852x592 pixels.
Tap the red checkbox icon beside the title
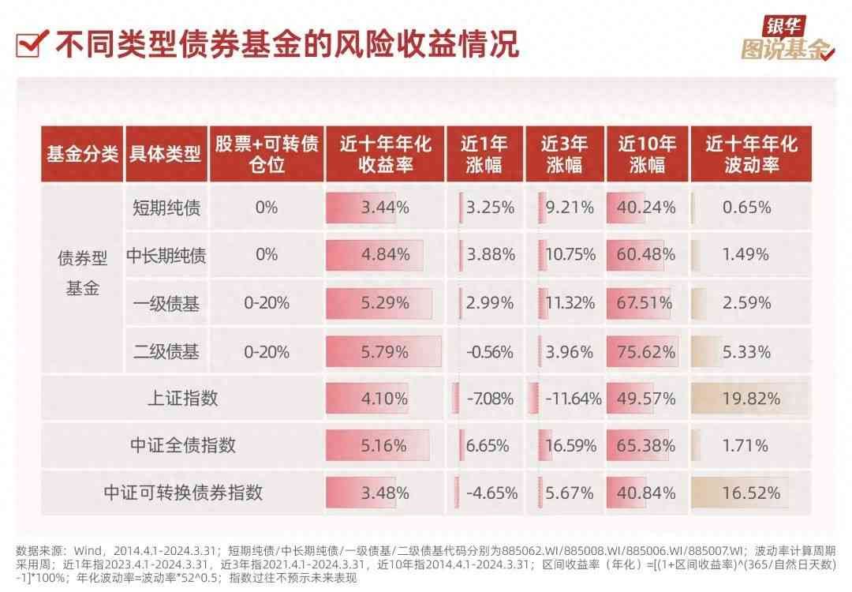pyautogui.click(x=31, y=43)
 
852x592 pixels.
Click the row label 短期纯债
pyautogui.click(x=166, y=208)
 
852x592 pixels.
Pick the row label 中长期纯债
pyautogui.click(x=166, y=255)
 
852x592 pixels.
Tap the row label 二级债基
pyautogui.click(x=166, y=352)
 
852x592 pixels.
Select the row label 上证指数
pyautogui.click(x=183, y=398)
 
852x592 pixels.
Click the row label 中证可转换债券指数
pyautogui.click(x=183, y=493)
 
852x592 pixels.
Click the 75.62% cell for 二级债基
pyautogui.click(x=647, y=352)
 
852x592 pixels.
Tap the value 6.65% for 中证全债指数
pyautogui.click(x=490, y=446)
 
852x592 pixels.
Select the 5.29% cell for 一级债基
pyautogui.click(x=385, y=303)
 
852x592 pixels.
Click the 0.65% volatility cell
pyautogui.click(x=745, y=208)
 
